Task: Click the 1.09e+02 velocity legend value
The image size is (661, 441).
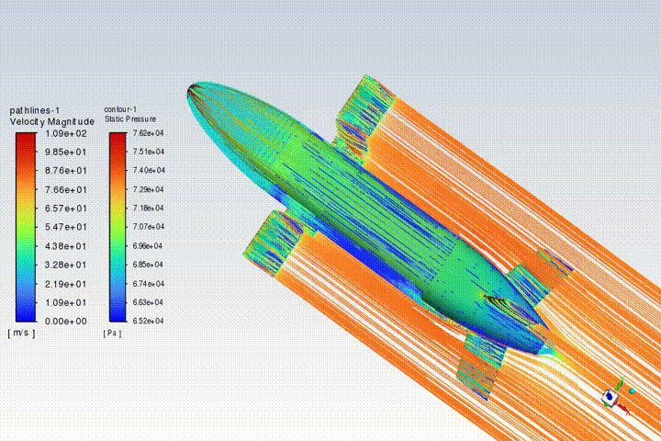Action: point(66,134)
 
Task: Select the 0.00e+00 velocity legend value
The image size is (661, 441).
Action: point(66,322)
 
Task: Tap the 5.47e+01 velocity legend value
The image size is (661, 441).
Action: point(66,227)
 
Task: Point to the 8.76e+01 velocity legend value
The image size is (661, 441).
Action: point(66,171)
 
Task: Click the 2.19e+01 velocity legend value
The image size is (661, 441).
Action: point(66,284)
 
